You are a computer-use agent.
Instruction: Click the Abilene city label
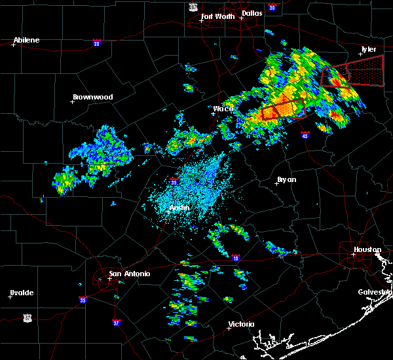(26, 40)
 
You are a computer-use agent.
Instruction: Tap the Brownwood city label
(92, 97)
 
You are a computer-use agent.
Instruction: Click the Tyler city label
(369, 49)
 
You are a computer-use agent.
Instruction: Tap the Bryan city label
(286, 179)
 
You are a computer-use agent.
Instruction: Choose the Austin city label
(179, 207)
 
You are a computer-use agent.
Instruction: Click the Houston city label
(367, 249)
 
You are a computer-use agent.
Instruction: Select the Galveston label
(374, 292)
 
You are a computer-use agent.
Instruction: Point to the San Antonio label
(129, 274)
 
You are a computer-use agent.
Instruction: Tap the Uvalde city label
(21, 293)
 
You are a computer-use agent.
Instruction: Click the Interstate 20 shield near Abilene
(96, 43)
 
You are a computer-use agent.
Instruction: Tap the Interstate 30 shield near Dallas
(272, 7)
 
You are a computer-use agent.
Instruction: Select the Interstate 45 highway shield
(305, 135)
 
